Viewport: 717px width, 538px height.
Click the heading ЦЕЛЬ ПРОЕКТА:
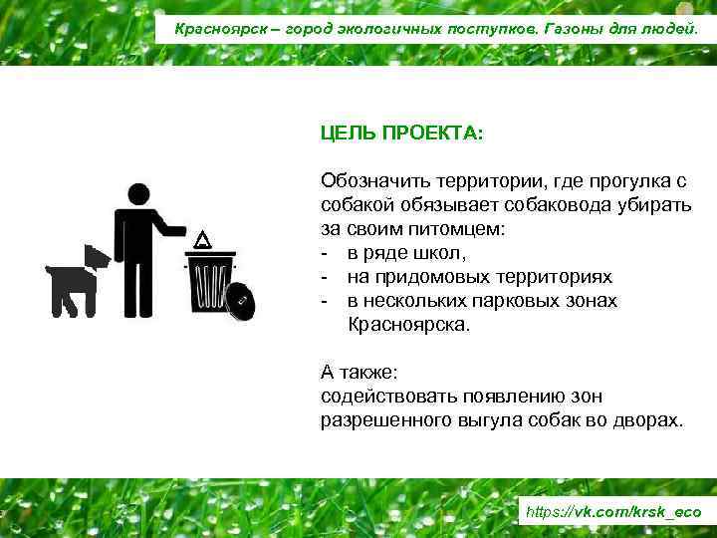[401, 133]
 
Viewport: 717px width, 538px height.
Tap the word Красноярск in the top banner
[216, 28]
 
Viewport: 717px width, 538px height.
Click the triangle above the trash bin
[203, 240]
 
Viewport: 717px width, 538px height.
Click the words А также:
[358, 373]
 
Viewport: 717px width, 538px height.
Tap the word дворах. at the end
[651, 420]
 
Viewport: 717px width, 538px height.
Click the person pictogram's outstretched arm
[171, 230]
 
